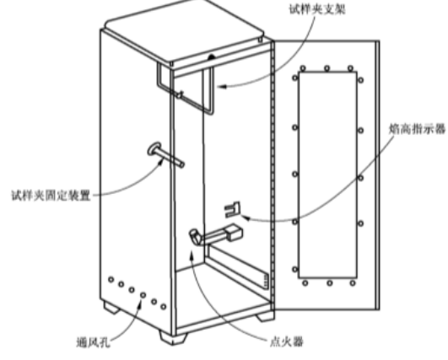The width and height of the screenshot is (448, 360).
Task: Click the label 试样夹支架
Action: pos(317,8)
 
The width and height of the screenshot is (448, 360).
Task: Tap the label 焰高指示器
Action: pos(418,129)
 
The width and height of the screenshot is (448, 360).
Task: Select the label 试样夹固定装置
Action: pos(51,196)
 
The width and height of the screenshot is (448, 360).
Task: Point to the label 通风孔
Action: pos(94,341)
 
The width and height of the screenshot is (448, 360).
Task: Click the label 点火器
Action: pos(287,341)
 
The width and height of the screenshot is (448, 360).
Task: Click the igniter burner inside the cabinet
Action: pos(216,233)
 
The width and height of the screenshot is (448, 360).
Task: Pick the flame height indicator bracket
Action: pos(233,210)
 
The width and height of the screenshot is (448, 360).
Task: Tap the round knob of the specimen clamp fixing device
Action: pos(154,148)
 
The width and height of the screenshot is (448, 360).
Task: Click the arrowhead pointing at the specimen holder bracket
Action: pos(222,86)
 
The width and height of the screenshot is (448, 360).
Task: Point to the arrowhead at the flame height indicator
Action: pos(246,218)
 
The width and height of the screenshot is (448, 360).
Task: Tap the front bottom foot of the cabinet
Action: pos(173,338)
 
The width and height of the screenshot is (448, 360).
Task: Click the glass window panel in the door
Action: pos(327,175)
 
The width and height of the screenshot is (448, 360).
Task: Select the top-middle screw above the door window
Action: pos(327,68)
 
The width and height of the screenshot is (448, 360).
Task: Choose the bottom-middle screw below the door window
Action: pos(329,283)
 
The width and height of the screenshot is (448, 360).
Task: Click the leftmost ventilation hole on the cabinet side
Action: pos(111,280)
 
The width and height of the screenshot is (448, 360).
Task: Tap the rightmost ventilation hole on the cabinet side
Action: pos(164,307)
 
